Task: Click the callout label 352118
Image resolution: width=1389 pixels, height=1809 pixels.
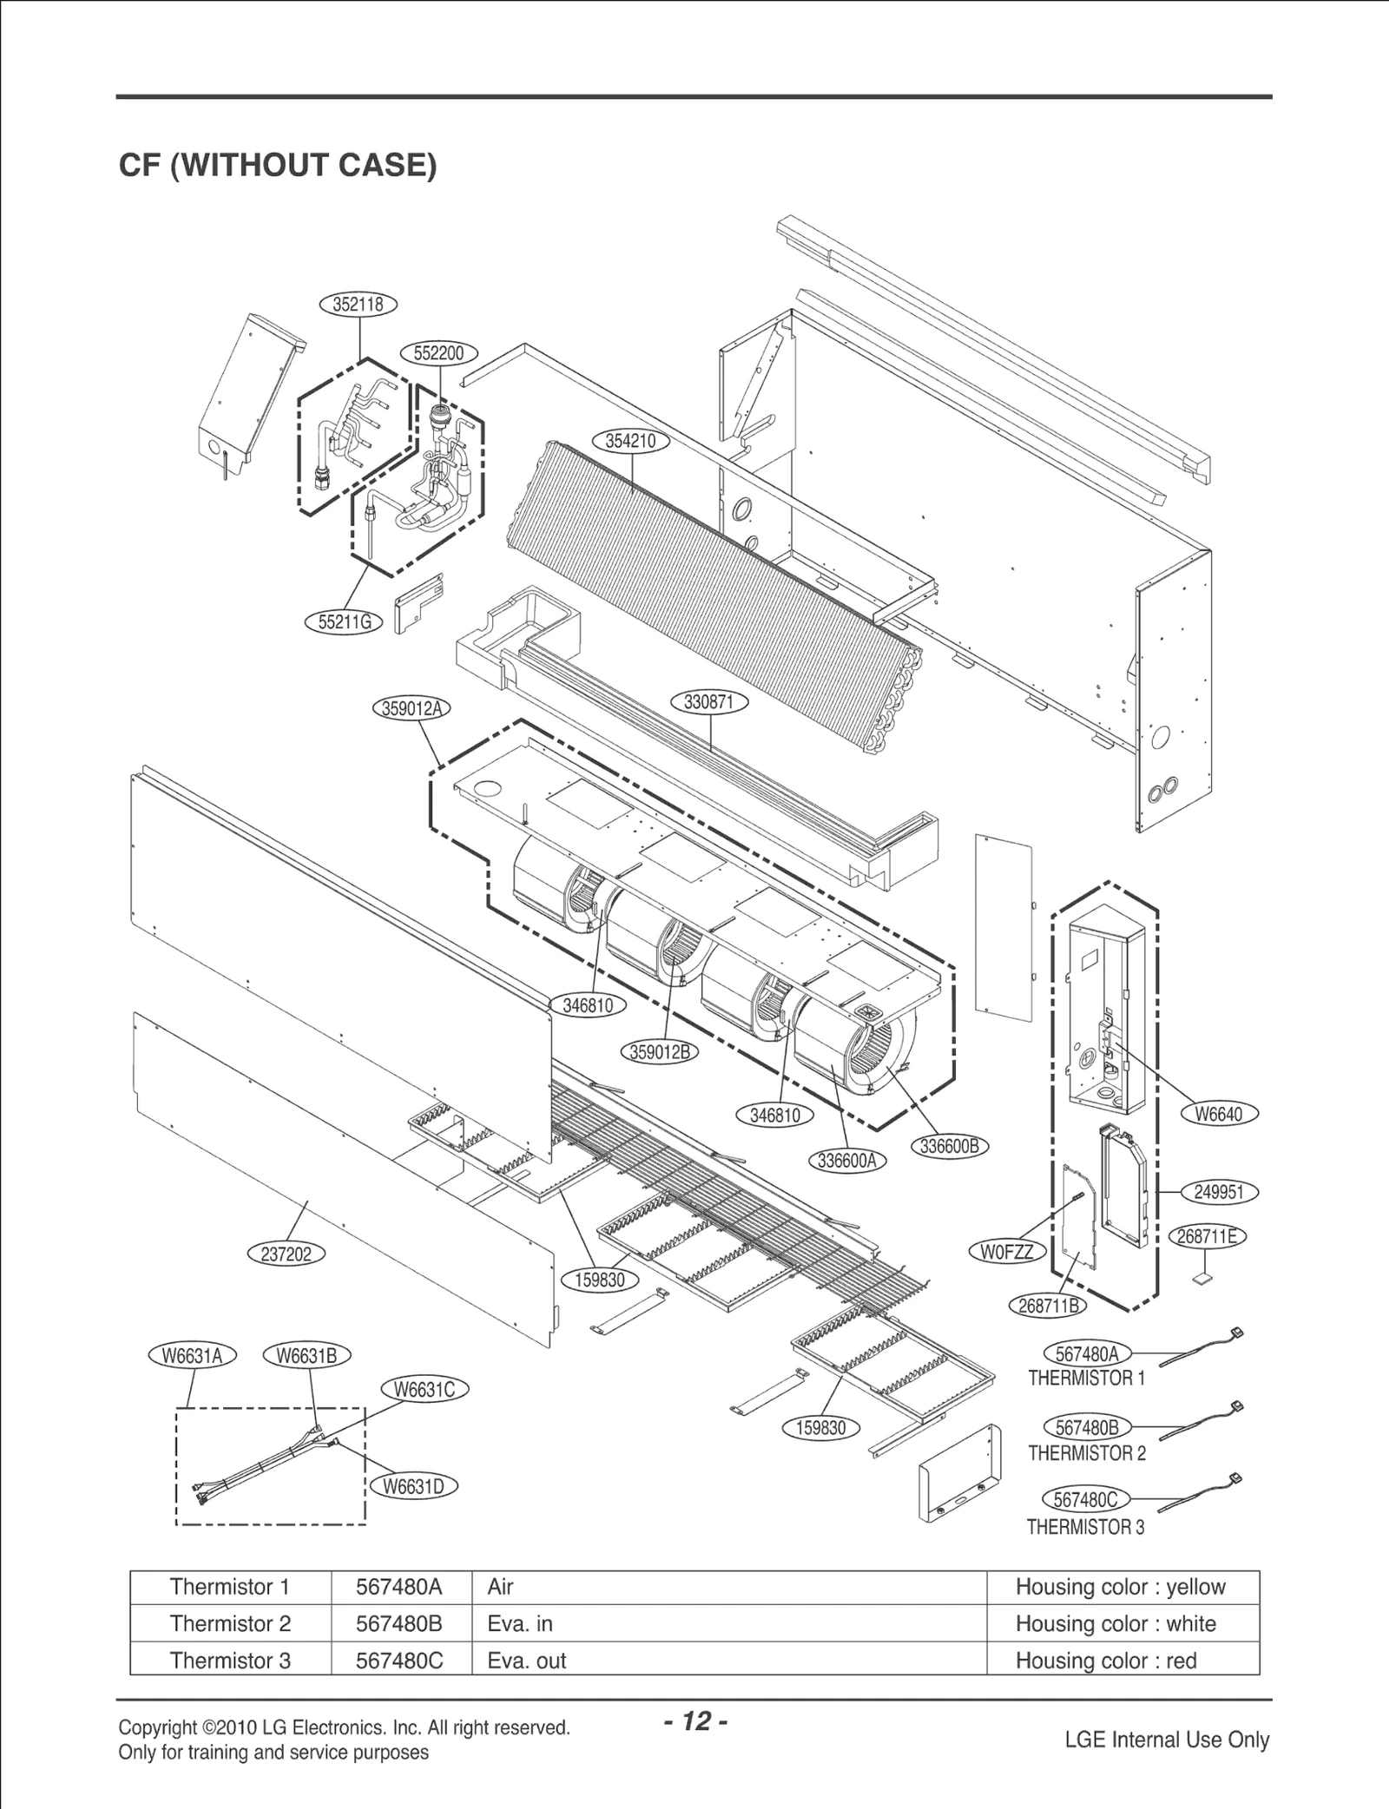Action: coord(359,305)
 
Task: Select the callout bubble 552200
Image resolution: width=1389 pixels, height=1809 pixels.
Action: coord(438,353)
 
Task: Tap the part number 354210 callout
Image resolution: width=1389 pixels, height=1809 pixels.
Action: coord(630,441)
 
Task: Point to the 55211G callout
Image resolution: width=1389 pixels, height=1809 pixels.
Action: coord(345,622)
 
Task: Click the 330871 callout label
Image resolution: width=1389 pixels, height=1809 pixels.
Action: coord(709,702)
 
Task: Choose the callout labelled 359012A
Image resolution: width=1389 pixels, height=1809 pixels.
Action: coord(411,708)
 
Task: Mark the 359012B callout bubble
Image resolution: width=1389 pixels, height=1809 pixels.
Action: coord(659,1052)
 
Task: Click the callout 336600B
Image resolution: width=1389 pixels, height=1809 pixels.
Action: coord(949,1146)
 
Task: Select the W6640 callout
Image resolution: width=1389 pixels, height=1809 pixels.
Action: coord(1219,1115)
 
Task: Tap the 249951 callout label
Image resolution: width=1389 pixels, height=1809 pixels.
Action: coord(1219,1192)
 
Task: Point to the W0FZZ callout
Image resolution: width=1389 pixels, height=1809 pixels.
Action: coord(1007,1252)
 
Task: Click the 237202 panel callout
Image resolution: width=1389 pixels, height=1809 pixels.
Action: coord(286,1255)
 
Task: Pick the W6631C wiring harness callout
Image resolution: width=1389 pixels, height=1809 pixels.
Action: coord(425,1390)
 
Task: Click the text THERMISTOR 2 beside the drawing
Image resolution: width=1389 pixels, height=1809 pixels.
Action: coord(1087,1453)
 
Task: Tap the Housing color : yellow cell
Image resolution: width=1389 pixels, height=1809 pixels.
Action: coord(1120,1587)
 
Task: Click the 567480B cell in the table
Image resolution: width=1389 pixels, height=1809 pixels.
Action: coord(399,1623)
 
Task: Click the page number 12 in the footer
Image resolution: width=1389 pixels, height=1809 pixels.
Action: coord(695,1721)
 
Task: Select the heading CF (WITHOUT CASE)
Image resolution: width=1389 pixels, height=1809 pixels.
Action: coord(278,165)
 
